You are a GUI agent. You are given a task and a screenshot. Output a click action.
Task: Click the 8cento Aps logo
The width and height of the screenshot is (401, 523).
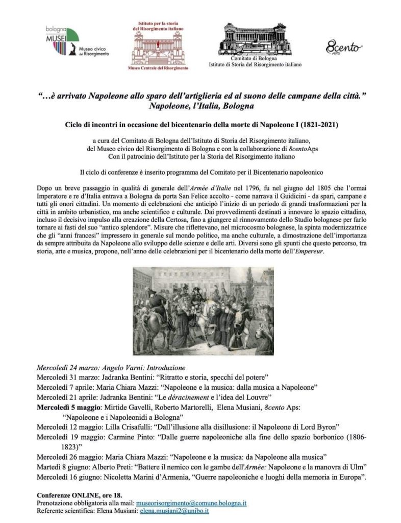pyautogui.click(x=340, y=48)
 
